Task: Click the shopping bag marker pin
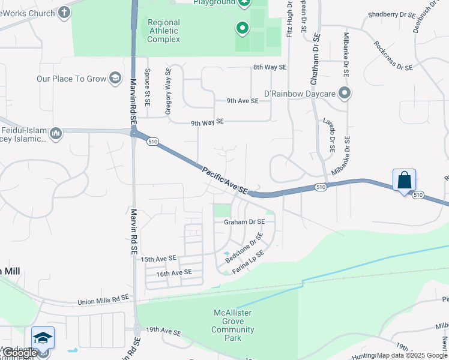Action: tap(405, 180)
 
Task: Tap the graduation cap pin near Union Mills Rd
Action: tap(43, 338)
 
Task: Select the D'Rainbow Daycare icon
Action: tap(345, 93)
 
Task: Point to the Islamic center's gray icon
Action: tap(56, 133)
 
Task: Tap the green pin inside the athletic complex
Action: tap(243, 28)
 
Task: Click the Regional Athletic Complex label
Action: tap(164, 31)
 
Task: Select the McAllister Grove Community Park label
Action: tap(232, 325)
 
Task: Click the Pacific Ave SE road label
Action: tap(224, 180)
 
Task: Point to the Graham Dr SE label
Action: tap(244, 222)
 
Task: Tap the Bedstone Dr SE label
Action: tap(244, 248)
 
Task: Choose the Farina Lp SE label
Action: tap(249, 263)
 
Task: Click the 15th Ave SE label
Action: tap(158, 259)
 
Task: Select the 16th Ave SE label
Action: tap(173, 272)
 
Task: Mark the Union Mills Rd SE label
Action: tap(103, 298)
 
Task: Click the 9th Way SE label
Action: tap(207, 122)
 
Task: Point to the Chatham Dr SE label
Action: tap(316, 52)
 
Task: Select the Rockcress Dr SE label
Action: tap(393, 56)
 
